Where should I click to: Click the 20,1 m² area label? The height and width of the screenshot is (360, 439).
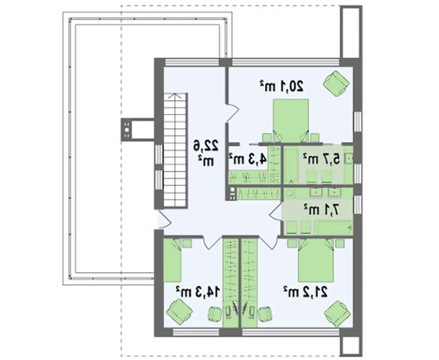[282, 86]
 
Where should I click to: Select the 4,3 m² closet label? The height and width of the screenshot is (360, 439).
[248, 159]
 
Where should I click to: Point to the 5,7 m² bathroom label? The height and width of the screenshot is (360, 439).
[321, 159]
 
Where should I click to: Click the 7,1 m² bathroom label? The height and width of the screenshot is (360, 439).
[322, 209]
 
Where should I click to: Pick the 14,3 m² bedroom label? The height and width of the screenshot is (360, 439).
[198, 292]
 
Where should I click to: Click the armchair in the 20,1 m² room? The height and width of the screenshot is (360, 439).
[336, 83]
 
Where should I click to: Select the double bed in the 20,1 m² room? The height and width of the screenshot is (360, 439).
[290, 120]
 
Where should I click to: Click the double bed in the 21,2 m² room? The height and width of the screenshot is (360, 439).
[316, 260]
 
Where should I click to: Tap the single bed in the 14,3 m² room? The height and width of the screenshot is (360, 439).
[172, 260]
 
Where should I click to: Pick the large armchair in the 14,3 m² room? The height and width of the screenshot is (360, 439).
[179, 312]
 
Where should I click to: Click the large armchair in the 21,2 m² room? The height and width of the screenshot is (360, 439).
[337, 314]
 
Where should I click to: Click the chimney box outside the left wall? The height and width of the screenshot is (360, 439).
[138, 130]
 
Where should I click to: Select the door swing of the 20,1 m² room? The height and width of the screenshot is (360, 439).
[233, 114]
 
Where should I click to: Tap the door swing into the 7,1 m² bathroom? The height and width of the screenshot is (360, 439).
[275, 213]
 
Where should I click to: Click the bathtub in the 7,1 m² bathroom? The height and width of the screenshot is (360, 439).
[334, 228]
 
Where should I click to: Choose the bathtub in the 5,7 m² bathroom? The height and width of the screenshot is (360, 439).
[292, 166]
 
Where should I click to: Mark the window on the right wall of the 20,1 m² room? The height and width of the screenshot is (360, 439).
[357, 122]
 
